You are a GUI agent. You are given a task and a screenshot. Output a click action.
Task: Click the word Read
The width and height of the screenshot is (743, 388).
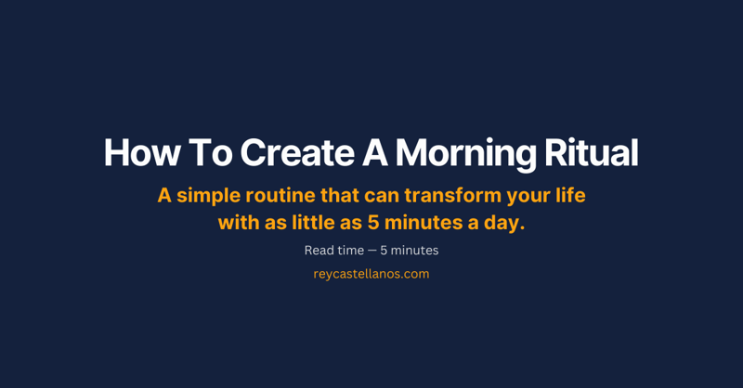click(x=319, y=251)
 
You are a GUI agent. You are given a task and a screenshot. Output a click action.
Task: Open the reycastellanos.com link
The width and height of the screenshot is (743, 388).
click(x=371, y=274)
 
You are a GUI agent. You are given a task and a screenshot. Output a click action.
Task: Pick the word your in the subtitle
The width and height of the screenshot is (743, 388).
click(x=523, y=197)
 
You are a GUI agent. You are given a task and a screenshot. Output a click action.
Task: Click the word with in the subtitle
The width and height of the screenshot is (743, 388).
click(x=239, y=224)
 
